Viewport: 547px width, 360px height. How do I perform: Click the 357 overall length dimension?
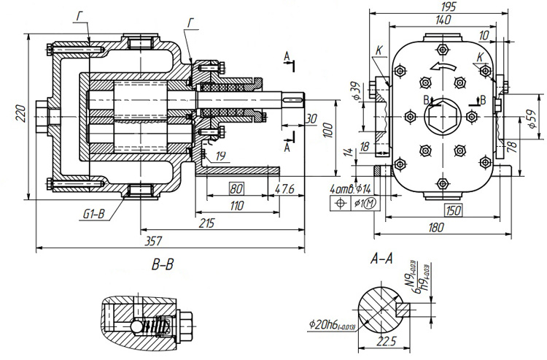155,240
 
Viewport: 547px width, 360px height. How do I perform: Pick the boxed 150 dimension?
453,211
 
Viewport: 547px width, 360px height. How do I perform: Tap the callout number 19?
220,156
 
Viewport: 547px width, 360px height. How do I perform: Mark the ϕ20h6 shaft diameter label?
332,325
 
